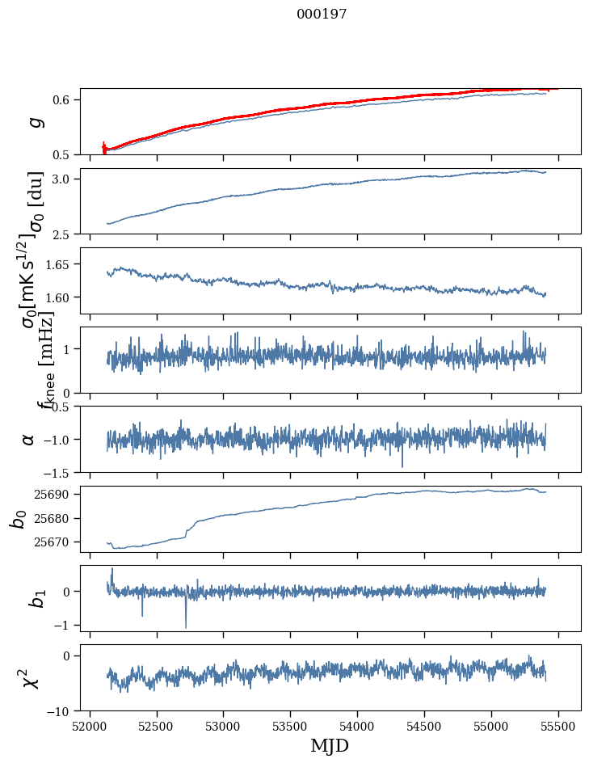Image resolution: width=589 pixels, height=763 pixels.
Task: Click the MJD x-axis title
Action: pos(330,745)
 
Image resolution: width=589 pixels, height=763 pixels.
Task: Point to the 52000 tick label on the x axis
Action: pos(90,726)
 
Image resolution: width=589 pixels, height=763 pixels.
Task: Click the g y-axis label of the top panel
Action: pos(33,121)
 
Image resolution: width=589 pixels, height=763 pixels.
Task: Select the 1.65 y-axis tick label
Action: pos(57,264)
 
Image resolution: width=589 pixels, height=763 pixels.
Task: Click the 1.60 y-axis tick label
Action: pos(57,297)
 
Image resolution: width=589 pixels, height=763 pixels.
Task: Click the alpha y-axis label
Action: pos(29,439)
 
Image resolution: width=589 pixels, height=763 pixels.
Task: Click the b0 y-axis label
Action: pos(18,518)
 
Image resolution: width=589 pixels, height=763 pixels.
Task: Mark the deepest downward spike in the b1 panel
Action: pos(186,627)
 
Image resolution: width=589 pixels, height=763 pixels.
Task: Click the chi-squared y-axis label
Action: pos(30,678)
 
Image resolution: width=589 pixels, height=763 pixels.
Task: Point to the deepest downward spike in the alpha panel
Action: pos(402,466)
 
